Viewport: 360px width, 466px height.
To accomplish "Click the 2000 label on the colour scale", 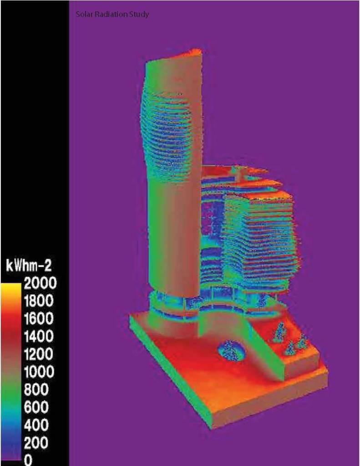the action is tap(40, 283).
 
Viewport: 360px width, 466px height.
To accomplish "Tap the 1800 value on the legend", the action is tap(39, 301).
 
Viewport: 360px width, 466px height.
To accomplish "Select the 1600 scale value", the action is tap(39, 318).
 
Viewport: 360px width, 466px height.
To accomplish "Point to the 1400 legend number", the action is tap(39, 337).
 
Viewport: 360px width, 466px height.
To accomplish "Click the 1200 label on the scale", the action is tap(39, 354).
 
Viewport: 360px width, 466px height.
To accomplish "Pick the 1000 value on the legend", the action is tap(39, 372).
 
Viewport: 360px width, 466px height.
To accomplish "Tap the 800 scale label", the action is tap(36, 389).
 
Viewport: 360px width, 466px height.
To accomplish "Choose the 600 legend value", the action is tap(36, 407).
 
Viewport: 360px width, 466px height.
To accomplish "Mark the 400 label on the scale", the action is tap(36, 425).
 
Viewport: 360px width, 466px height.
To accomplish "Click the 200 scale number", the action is tap(36, 443).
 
